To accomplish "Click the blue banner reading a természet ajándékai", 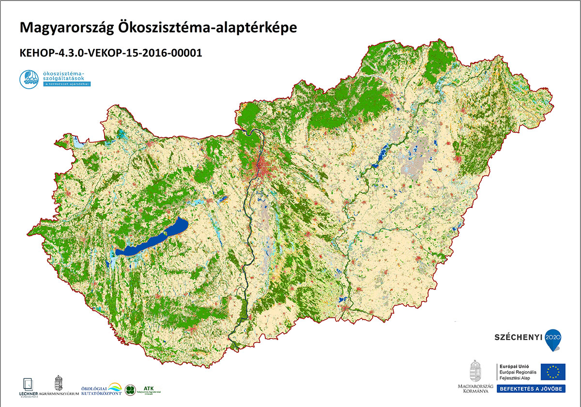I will (67, 84).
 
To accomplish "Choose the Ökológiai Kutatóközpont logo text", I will (101, 389).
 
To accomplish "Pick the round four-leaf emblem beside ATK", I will (130, 390).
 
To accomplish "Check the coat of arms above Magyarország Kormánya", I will (475, 371).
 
